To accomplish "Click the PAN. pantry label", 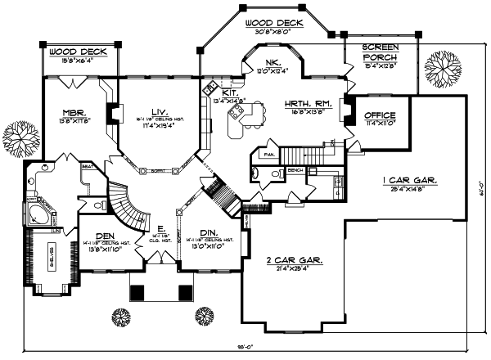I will pos(267,153).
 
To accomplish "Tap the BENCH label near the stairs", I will pos(295,170).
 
